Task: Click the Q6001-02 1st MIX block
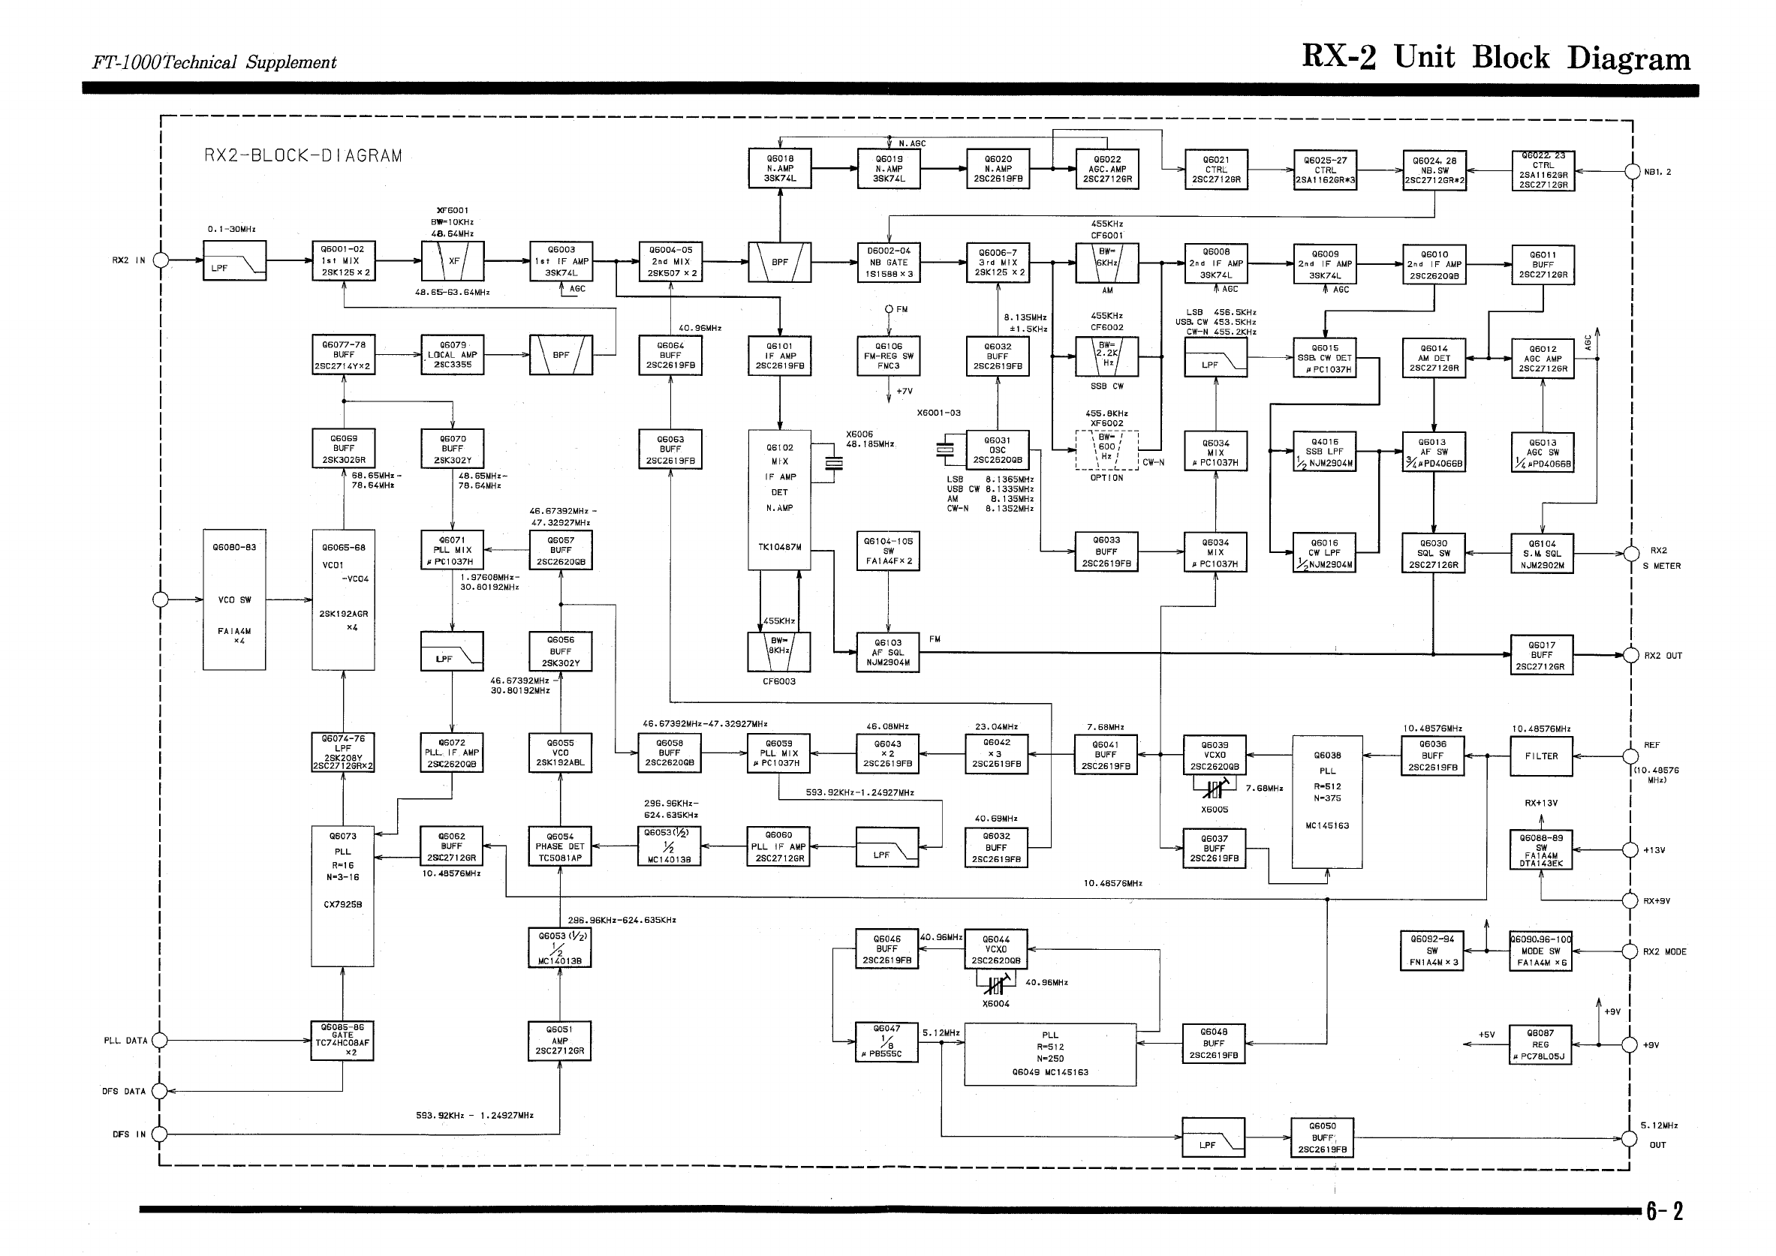click(344, 260)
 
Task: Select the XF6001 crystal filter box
click(453, 260)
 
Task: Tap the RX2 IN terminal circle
click(161, 260)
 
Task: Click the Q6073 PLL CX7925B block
click(343, 897)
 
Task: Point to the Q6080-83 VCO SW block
click(234, 599)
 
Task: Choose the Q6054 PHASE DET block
click(560, 847)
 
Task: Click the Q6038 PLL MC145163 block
click(1326, 802)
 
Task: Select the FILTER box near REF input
click(1541, 756)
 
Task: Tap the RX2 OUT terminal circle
click(1630, 655)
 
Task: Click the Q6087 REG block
click(1540, 1044)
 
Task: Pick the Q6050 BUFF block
click(1322, 1137)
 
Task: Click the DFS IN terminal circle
click(159, 1134)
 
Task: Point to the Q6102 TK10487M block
click(780, 500)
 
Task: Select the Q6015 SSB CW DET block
click(1325, 358)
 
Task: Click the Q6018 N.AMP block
click(780, 169)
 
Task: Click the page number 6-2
click(1664, 1211)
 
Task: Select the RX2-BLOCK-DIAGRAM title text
click(303, 155)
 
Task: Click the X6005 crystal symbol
click(1215, 789)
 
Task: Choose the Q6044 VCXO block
click(996, 950)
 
